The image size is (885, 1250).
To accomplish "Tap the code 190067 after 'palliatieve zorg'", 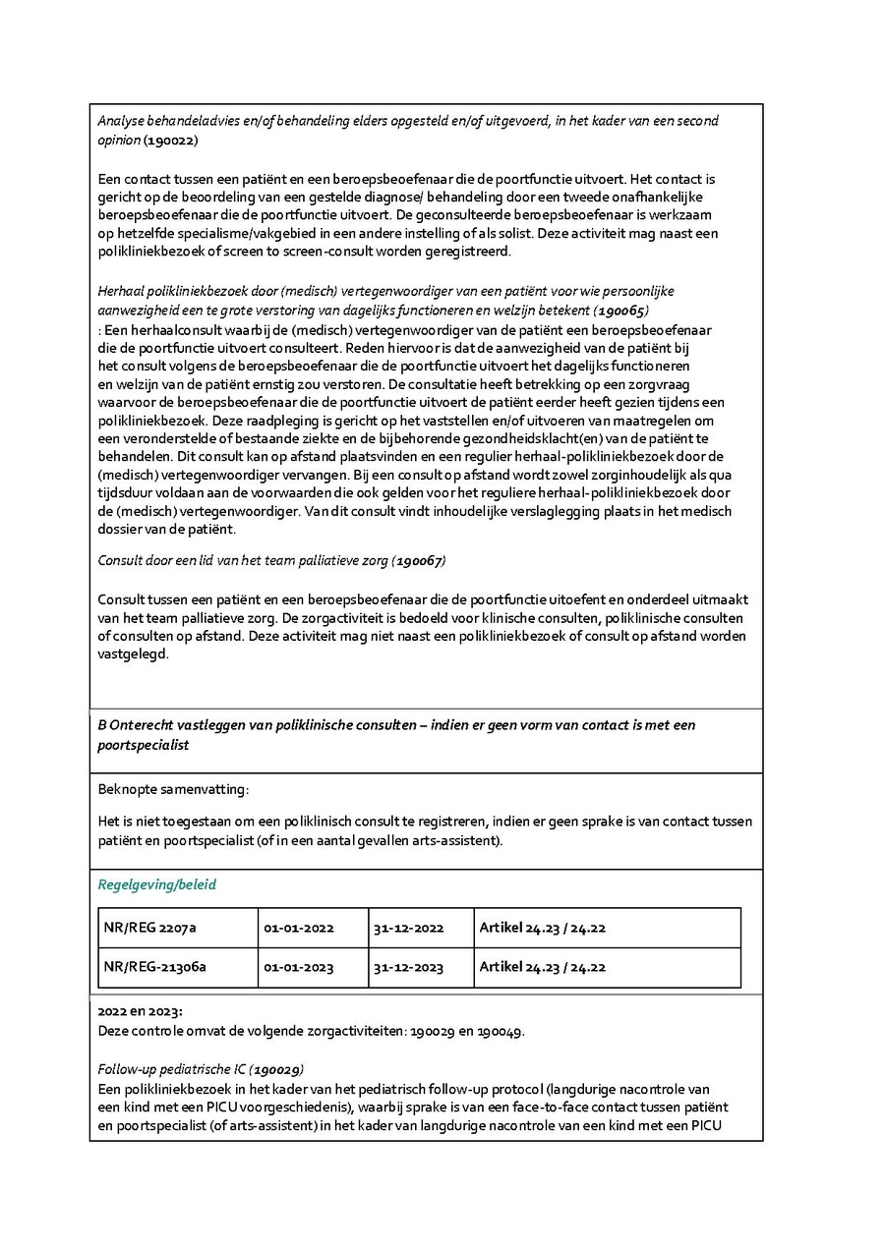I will pyautogui.click(x=419, y=560).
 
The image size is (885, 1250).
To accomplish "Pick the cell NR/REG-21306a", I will pyautogui.click(x=155, y=967).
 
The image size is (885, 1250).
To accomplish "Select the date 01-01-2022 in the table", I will pyautogui.click(x=299, y=928).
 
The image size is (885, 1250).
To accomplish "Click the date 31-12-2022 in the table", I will pyautogui.click(x=408, y=928).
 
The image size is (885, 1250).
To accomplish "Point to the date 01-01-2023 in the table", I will pyautogui.click(x=299, y=967).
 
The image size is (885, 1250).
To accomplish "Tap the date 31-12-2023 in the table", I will pyautogui.click(x=408, y=967).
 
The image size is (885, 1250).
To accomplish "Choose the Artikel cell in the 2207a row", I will pyautogui.click(x=542, y=928).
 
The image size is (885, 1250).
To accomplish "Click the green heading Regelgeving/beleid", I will pyautogui.click(x=156, y=884).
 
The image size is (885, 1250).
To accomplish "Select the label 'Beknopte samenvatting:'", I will pyautogui.click(x=173, y=789).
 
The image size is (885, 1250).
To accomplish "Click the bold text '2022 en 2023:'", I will pyautogui.click(x=140, y=1011).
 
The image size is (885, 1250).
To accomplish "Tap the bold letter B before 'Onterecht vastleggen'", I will pyautogui.click(x=102, y=725).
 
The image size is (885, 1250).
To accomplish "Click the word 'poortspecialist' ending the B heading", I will pyautogui.click(x=144, y=746).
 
